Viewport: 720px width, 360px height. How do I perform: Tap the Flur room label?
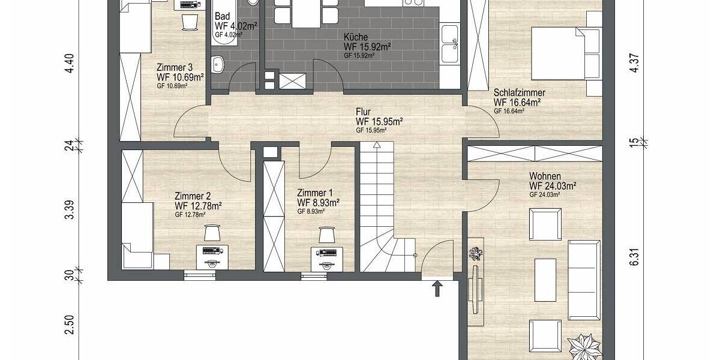tap(363, 112)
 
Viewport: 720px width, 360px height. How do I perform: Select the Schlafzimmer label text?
tap(519, 93)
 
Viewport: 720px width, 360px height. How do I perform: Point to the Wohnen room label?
tap(545, 176)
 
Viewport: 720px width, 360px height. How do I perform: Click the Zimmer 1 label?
tap(315, 193)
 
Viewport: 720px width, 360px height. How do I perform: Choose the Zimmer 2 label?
tap(192, 196)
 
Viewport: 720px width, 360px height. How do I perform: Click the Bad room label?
tap(221, 17)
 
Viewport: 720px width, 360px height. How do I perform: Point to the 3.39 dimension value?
tap(70, 209)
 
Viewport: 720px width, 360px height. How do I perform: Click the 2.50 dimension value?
tap(70, 325)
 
